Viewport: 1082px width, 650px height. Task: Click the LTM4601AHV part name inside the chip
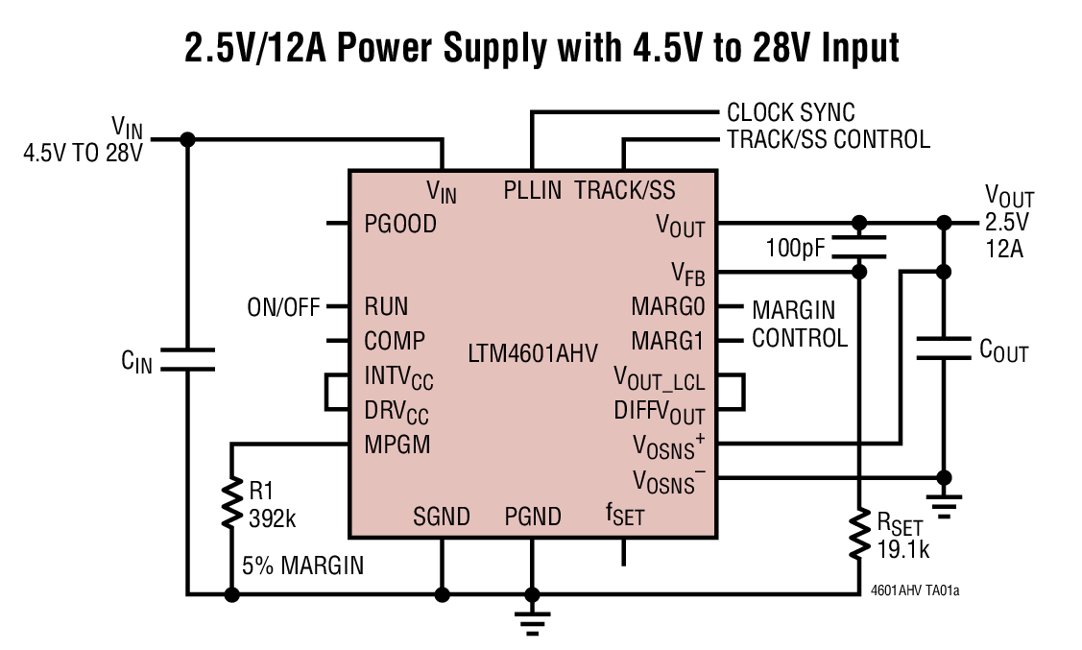coord(532,351)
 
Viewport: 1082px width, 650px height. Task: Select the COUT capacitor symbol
coord(944,348)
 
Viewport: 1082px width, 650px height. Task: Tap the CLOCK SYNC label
coord(790,113)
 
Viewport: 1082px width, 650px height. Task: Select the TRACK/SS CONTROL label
coord(828,140)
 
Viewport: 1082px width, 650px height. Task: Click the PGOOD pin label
coord(400,224)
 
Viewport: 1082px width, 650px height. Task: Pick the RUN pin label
coord(386,306)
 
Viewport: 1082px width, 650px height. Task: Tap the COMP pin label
coord(394,341)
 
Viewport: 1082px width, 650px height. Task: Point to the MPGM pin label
coord(397,445)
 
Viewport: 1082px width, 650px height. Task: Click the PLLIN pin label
coord(532,190)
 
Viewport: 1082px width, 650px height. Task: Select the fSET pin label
coord(624,517)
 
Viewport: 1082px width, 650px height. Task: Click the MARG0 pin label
coord(667,307)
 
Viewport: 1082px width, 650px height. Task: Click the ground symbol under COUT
coord(944,504)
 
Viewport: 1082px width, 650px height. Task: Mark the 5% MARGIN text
coord(302,566)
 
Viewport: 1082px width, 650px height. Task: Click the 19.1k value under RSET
coord(902,549)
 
